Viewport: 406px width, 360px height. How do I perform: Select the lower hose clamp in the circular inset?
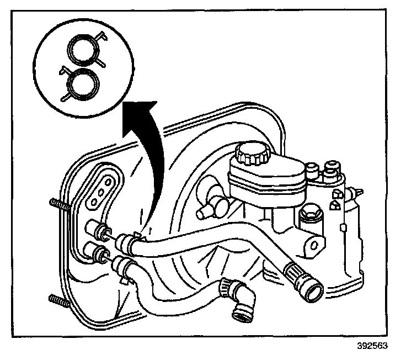[x=81, y=84]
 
